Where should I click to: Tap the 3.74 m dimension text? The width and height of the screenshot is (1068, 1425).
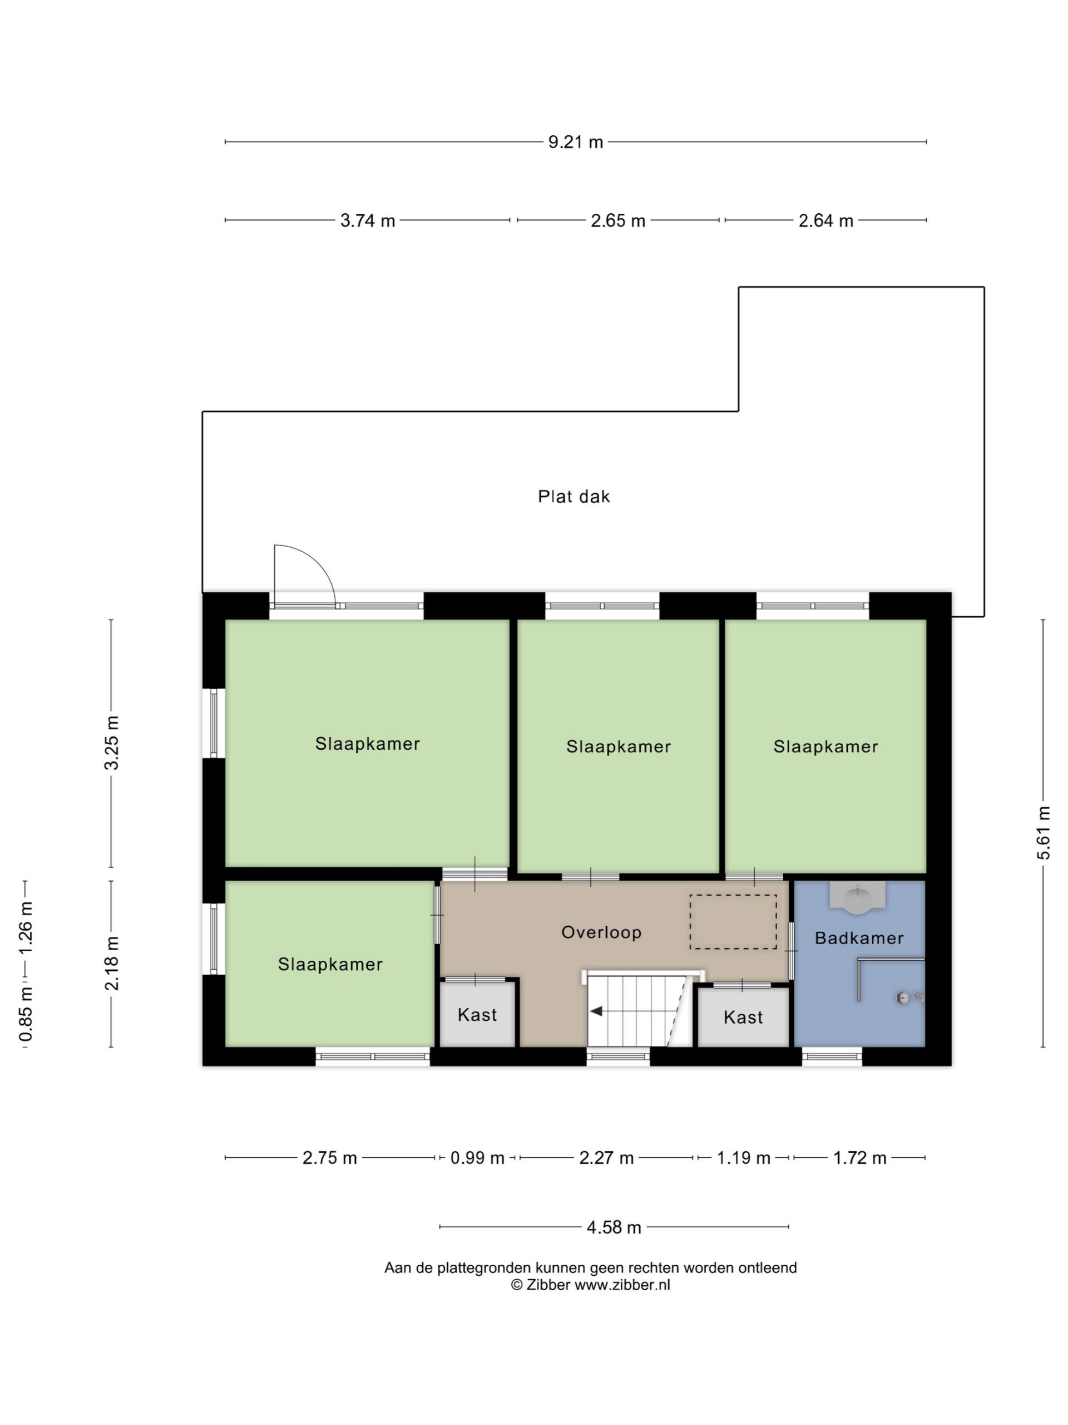point(368,220)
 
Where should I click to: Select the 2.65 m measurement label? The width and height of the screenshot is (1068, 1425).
point(618,220)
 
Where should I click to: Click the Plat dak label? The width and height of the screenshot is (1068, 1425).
point(573,496)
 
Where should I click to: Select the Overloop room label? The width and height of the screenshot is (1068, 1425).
point(601,932)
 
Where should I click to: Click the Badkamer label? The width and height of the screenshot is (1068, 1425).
point(859,938)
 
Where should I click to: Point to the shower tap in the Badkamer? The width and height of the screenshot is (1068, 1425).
point(909,998)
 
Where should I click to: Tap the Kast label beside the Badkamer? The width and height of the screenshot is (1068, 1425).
point(743,1017)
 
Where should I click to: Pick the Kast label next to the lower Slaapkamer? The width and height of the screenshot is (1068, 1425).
point(477,1015)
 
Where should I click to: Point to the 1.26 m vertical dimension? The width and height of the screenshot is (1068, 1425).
point(26,928)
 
